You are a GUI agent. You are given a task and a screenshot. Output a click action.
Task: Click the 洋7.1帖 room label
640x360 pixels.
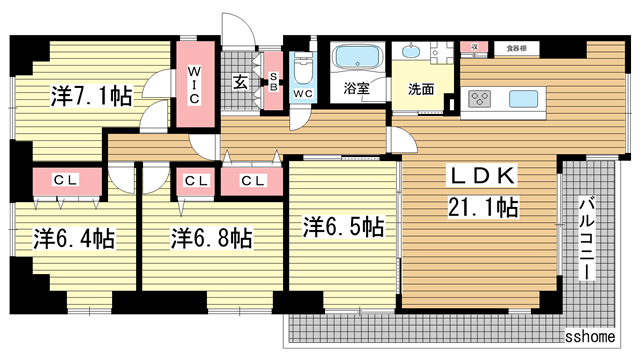(x=92, y=97)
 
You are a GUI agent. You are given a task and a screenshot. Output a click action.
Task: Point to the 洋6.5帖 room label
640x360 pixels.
(x=343, y=227)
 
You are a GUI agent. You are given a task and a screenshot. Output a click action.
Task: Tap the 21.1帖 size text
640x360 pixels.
(x=483, y=208)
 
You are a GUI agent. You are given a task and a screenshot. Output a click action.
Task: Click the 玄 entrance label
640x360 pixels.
(x=241, y=83)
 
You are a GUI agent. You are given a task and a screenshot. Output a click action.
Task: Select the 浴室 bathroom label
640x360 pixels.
(x=356, y=88)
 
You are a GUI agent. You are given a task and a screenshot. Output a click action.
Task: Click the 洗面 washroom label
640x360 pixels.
(x=420, y=88)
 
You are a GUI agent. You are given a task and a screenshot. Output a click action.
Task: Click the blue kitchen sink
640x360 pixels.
(x=525, y=99)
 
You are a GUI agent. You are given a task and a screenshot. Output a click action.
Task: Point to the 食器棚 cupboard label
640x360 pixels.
(x=516, y=47)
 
